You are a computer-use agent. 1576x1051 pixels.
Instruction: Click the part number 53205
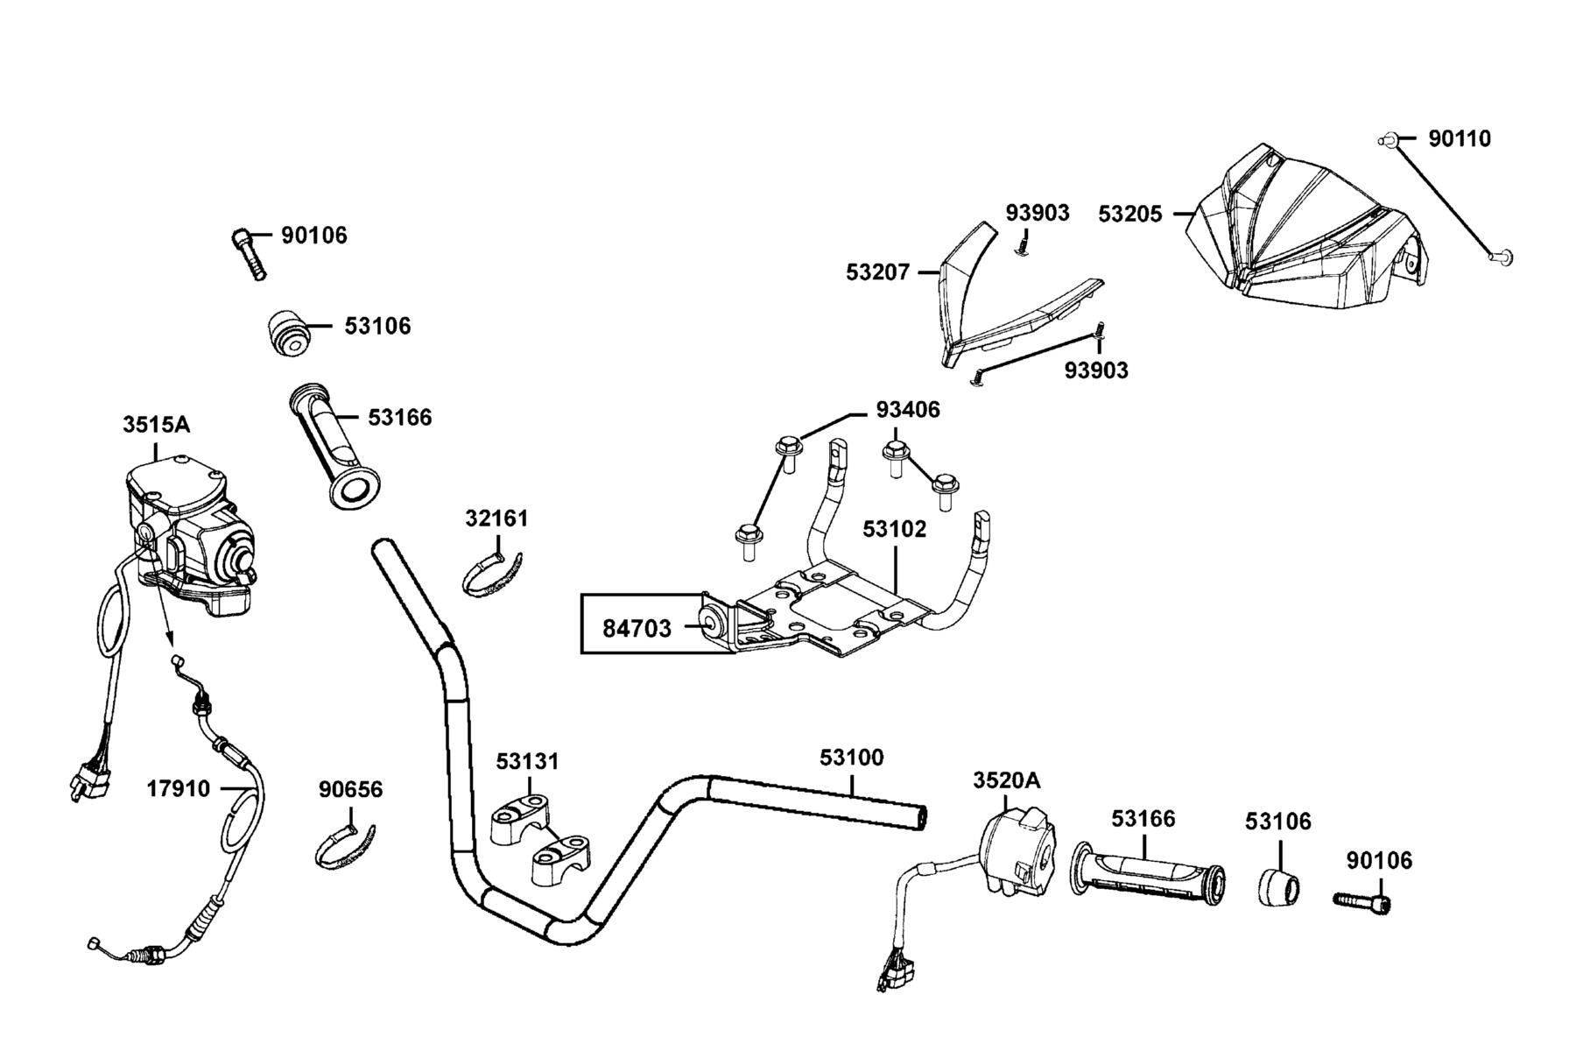(x=1130, y=214)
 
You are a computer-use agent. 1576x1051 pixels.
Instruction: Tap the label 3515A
(x=156, y=425)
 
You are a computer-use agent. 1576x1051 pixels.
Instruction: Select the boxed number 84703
(x=637, y=628)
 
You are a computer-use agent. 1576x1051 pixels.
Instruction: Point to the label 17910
(x=179, y=789)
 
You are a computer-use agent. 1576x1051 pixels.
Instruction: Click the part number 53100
(x=852, y=757)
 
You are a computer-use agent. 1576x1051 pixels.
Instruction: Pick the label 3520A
(x=1007, y=779)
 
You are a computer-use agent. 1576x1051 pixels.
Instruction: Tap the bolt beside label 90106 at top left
(x=248, y=253)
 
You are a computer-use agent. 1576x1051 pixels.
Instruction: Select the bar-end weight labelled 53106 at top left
(x=287, y=333)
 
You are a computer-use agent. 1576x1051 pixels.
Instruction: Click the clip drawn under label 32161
(x=492, y=573)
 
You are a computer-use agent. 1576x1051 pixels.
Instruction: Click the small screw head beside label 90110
(x=1386, y=140)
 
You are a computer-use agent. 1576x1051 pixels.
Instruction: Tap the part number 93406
(x=908, y=410)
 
